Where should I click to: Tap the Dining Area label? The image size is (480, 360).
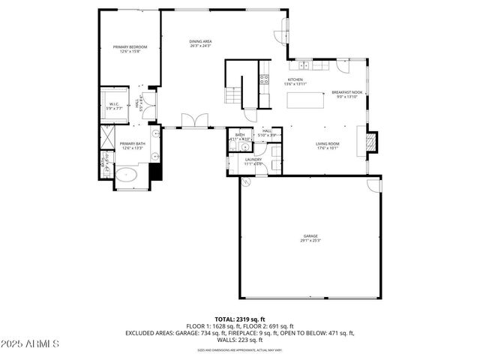coord(199,43)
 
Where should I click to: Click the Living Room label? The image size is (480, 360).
coord(328,145)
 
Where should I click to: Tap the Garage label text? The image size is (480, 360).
coord(310,237)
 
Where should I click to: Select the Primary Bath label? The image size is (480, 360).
coord(131,145)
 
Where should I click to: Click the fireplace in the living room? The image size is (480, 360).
coord(370,140)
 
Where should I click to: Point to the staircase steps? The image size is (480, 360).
coord(235,96)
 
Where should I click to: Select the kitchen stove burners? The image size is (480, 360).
coord(265,77)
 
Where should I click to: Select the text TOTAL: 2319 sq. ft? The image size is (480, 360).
coord(239,319)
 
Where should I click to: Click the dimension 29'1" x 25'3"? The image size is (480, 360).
coord(310,241)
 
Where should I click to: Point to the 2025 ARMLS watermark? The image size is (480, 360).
coord(30,343)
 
